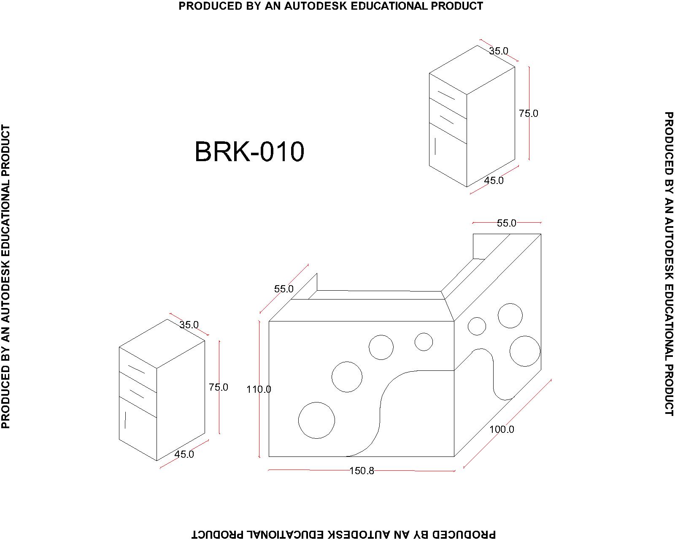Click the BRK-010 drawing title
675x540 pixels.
(249, 152)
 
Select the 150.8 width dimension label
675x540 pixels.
(362, 471)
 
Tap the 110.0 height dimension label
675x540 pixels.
(259, 389)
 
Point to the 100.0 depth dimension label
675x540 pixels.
(502, 429)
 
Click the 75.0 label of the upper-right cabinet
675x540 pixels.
(528, 113)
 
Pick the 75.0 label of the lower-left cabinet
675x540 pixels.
(218, 387)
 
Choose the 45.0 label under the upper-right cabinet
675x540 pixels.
(494, 181)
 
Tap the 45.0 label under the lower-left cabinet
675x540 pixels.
(184, 454)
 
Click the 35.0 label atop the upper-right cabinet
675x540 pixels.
(499, 51)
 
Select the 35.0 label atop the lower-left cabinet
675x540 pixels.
(189, 325)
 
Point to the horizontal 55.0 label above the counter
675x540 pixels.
(506, 223)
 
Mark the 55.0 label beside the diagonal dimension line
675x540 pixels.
(283, 289)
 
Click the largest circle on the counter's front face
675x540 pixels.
(316, 421)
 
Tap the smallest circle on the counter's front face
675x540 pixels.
(424, 342)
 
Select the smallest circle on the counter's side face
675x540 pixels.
(477, 326)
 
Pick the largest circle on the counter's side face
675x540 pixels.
(525, 351)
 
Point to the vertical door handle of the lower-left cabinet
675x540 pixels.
(125, 420)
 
